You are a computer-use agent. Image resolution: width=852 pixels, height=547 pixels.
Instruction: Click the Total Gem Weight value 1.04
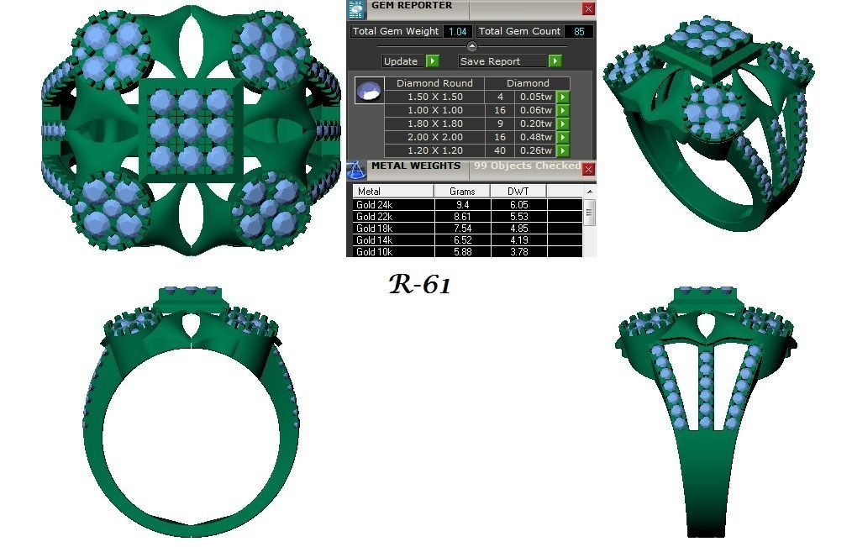coord(457,31)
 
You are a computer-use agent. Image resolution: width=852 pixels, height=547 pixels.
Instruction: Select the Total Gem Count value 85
coord(579,31)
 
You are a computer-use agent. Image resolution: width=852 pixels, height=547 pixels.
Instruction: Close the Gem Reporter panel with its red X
coord(588,8)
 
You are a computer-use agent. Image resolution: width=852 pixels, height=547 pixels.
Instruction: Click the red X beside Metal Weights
coord(588,170)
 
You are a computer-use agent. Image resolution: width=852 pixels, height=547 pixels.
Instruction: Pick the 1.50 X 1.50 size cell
coord(434,97)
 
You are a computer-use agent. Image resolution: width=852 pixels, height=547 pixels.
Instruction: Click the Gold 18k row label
coord(374,228)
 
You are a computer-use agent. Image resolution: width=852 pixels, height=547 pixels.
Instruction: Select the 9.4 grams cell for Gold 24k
coord(461,204)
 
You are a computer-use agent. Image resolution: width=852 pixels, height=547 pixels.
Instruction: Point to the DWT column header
coord(518,192)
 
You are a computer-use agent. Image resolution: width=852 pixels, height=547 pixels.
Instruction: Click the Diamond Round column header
coord(434,83)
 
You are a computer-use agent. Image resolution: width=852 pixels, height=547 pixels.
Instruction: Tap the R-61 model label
coord(420,285)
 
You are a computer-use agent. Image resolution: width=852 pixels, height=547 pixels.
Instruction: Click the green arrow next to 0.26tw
coord(563,151)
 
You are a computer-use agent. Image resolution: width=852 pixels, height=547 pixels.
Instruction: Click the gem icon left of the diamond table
coord(369,91)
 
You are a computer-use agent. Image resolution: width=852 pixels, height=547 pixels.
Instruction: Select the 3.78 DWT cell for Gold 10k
coord(518,251)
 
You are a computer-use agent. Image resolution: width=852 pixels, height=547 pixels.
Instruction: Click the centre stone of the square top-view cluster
coord(190,129)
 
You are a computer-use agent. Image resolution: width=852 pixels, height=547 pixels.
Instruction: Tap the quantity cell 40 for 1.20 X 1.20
coord(500,150)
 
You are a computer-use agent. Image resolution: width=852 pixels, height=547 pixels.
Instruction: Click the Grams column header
coord(461,192)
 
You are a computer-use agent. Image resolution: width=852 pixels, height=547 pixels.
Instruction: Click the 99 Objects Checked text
coord(527,166)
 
